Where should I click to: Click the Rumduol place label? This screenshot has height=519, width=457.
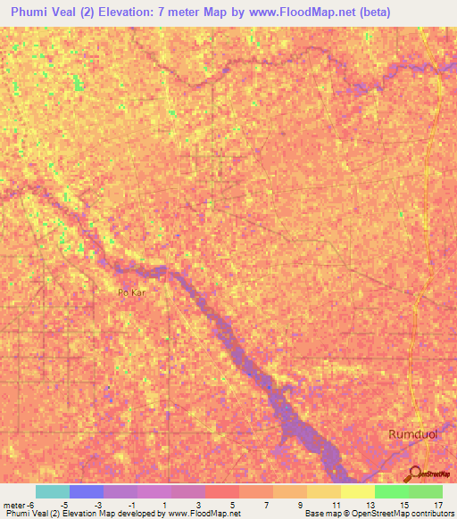pyautogui.click(x=413, y=433)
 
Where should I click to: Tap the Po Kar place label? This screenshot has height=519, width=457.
pyautogui.click(x=130, y=292)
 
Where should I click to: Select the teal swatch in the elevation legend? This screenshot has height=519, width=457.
pyautogui.click(x=53, y=491)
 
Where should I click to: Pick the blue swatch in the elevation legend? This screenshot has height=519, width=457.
pyautogui.click(x=87, y=491)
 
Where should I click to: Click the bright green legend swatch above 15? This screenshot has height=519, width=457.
pyautogui.click(x=392, y=491)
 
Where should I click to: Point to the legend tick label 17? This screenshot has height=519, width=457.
pyautogui.click(x=436, y=504)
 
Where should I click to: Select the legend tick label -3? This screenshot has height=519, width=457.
pyautogui.click(x=97, y=504)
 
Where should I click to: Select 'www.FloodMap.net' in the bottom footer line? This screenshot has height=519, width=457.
pyautogui.click(x=205, y=514)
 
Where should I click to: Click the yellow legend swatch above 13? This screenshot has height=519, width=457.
pyautogui.click(x=358, y=491)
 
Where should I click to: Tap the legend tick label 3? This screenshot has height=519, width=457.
pyautogui.click(x=198, y=504)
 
